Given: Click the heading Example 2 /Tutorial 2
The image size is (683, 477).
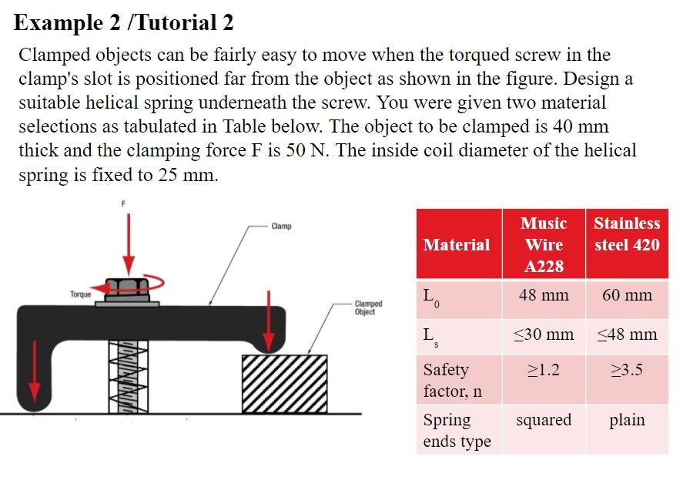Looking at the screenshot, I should pos(123,23).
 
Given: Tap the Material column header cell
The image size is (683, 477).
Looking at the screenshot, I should pos(456,245).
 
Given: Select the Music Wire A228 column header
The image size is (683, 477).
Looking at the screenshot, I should pos(544,245).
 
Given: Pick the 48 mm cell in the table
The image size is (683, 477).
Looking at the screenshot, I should pos(544,295).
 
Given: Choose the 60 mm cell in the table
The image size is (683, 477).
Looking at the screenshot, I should pos(627,295).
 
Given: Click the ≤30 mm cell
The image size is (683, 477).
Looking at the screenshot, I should pos(544,334).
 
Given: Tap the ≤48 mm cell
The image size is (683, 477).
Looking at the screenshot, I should pos(627,334).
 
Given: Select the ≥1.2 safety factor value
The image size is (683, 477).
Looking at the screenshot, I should pos(544,370).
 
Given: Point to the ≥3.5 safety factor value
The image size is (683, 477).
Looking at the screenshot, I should pos(627,370).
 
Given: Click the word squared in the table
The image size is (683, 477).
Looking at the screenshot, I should pos(544,420).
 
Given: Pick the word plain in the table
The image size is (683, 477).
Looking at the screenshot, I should pos(627,420).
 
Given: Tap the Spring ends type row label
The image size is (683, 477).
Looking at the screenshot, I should pos(457,431).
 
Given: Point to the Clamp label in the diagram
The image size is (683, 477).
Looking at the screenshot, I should pos(281,226).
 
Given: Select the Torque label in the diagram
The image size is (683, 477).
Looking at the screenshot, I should pos(80,294).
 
